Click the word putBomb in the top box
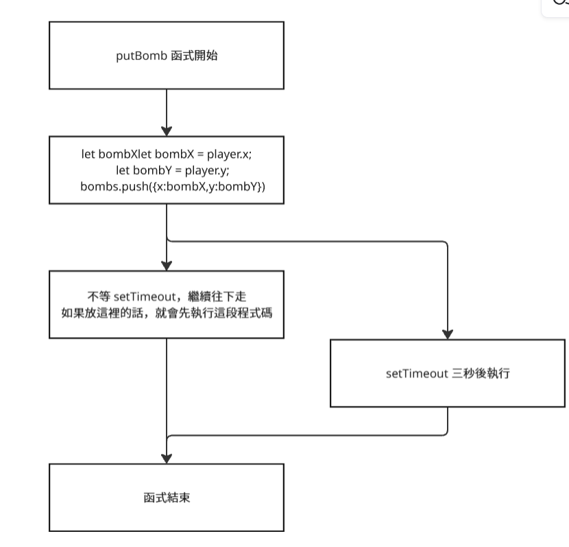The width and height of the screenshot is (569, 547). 141,56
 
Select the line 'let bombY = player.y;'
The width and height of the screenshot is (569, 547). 173,170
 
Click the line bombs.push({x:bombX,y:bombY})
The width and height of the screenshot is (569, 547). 173,186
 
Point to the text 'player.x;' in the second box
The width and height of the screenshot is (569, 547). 230,154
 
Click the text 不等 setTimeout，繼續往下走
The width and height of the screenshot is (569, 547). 167,296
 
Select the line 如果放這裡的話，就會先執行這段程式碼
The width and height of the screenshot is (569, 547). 167,313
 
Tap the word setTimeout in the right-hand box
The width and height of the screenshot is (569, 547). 417,373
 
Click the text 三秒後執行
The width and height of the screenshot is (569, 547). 481,373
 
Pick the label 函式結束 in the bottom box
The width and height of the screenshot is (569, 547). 167,498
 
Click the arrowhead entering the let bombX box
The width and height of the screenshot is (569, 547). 167,132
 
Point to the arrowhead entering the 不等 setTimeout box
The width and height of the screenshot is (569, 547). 167,266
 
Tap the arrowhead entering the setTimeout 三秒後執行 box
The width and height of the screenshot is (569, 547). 448,334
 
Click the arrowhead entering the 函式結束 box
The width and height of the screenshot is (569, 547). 167,458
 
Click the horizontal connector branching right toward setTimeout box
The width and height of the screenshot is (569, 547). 307,241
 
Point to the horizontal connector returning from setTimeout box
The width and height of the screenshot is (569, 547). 307,435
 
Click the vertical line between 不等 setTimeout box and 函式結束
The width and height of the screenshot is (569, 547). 167,401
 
